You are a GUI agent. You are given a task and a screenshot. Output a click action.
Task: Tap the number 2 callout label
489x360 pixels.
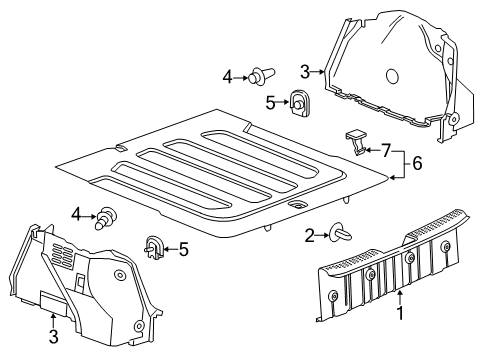[309, 234]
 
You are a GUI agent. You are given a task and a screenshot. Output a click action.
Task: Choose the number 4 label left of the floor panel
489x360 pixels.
[76, 213]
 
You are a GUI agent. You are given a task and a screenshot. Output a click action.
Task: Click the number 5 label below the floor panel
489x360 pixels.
[183, 248]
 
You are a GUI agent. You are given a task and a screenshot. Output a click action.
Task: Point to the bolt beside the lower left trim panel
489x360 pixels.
[106, 217]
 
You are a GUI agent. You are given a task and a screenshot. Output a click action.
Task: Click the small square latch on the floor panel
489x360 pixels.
[297, 204]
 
